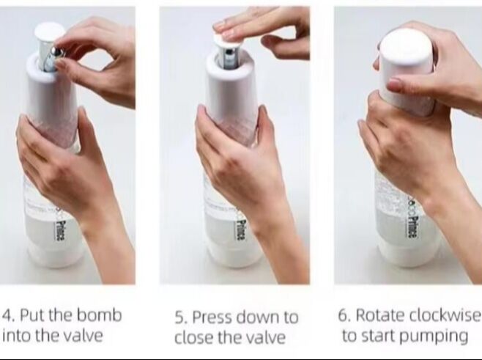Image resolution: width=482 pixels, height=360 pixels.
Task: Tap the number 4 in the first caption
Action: (x=7, y=315)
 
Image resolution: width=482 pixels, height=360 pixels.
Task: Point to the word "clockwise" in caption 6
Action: (x=445, y=315)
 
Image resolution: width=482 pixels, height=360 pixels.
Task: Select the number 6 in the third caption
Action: (x=344, y=315)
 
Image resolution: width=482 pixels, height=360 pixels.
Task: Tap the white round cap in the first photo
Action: (x=50, y=31)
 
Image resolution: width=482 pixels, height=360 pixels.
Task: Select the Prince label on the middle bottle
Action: (x=241, y=230)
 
